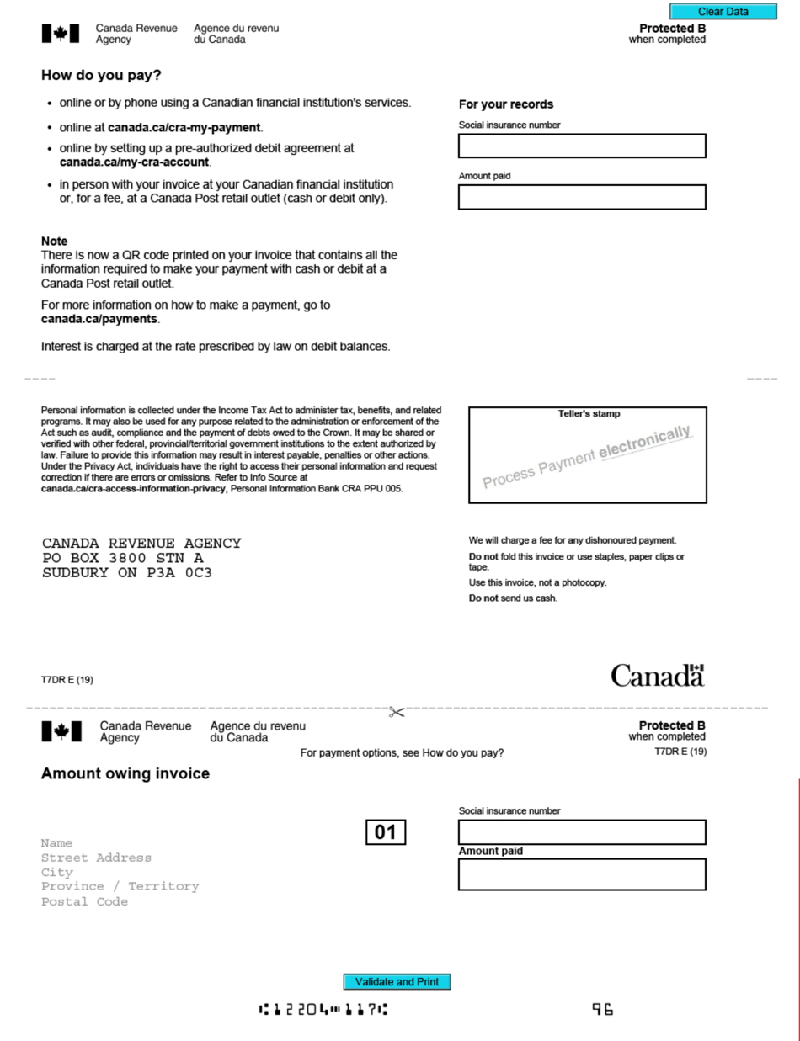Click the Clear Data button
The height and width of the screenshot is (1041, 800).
point(723,12)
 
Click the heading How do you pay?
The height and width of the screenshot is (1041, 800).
point(101,75)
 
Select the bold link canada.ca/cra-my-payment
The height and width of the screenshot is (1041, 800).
point(184,128)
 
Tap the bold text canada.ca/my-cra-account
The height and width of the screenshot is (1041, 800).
point(135,162)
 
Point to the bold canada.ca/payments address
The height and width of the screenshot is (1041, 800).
point(99,320)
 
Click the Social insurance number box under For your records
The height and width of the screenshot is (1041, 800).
point(582,146)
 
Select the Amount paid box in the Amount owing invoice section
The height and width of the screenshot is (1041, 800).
point(582,874)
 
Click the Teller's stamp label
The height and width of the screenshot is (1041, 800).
point(589,414)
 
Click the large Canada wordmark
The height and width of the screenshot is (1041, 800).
point(657,676)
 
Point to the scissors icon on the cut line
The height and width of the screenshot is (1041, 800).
point(396,712)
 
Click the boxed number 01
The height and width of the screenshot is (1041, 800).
point(386,832)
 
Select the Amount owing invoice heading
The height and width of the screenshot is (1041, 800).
point(125,774)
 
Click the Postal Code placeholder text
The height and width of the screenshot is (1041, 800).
point(84,901)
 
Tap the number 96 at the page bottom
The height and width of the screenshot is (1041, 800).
point(603,1009)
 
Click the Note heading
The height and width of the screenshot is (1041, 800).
point(54,241)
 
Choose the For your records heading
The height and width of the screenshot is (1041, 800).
point(506,104)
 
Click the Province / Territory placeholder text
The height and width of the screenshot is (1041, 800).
point(120,886)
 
